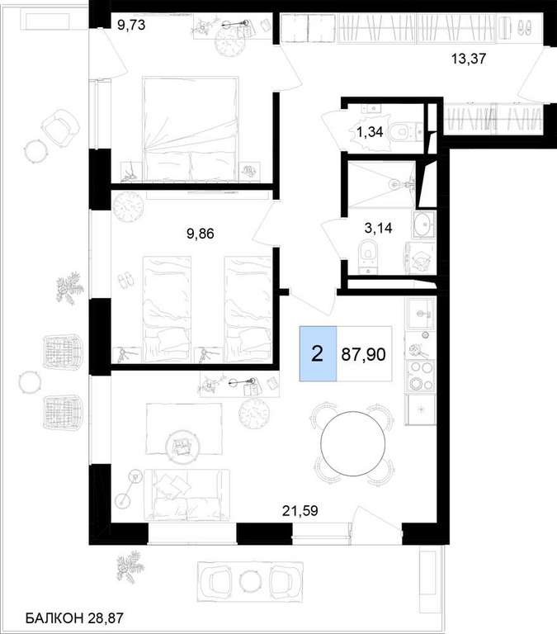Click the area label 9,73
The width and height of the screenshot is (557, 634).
pos(131,25)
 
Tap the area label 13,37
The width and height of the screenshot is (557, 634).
pos(469,59)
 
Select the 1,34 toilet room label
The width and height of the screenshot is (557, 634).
pos(370,132)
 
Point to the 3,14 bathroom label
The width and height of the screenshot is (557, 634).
pos(378,228)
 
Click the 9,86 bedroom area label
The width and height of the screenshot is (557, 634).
pos(200,234)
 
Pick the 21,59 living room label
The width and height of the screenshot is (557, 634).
pos(300,511)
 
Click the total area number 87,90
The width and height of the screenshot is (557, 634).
pos(363,354)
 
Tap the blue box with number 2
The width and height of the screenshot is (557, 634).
pos(318,354)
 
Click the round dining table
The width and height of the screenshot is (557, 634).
pos(352,443)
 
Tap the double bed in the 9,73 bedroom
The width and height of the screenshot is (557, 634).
pos(190,129)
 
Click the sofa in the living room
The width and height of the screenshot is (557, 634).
pos(186,494)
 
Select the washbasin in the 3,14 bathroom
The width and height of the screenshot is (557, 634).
pos(423,224)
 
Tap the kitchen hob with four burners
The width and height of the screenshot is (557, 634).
pos(421,376)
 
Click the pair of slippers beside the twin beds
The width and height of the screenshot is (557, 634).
pos(125,280)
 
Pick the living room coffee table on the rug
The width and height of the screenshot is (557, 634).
pos(182,445)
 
